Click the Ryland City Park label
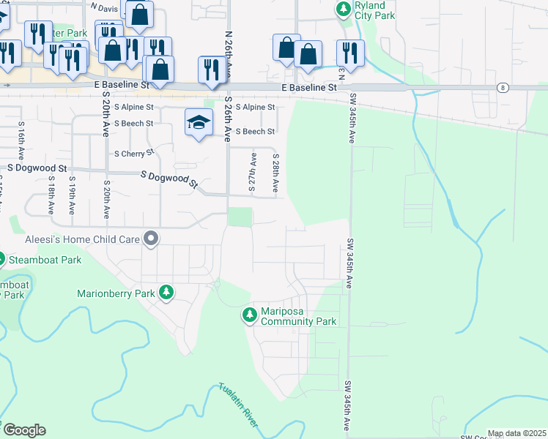tap(374, 10)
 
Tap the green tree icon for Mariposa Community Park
tap(249, 315)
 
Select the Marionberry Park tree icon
tap(167, 293)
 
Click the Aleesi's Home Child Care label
tap(70, 239)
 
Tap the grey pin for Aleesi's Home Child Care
tap(152, 239)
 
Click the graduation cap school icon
tap(199, 122)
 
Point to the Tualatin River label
tap(238, 405)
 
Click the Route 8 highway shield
tap(502, 88)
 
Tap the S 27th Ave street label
tap(253, 173)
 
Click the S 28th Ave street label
tap(275, 173)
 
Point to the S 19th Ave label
tap(72, 195)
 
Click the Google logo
tap(23, 430)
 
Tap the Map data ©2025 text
tap(516, 433)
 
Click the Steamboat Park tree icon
tap(1, 259)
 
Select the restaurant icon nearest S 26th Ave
tap(211, 70)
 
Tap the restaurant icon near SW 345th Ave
tap(350, 53)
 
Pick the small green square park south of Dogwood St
tap(240, 217)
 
